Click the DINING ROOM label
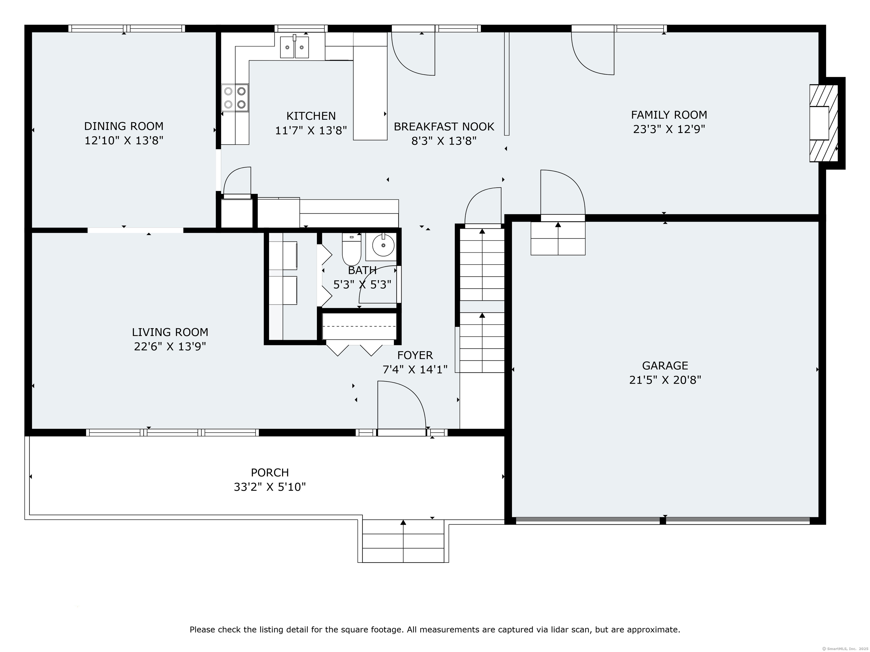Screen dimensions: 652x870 123,126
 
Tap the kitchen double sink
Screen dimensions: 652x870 294,47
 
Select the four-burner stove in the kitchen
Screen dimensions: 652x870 235,97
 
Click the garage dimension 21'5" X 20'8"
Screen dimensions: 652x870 665,380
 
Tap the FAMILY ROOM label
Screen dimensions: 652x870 669,115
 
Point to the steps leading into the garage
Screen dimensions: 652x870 558,238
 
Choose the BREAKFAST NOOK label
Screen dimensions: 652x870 444,126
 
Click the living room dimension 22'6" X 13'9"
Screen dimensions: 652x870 170,347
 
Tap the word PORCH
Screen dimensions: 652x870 270,472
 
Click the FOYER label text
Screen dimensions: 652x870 415,355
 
